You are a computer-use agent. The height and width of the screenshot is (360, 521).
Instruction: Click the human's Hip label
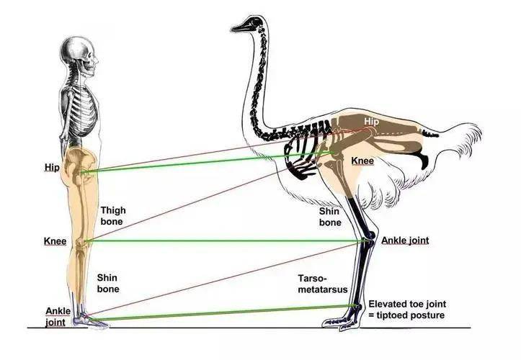(x=52, y=167)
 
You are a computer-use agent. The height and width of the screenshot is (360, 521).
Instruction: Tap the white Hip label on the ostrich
(x=371, y=122)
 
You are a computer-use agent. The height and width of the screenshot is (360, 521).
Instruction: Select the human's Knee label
(x=55, y=241)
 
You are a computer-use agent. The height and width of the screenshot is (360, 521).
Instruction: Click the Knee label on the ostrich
(x=362, y=161)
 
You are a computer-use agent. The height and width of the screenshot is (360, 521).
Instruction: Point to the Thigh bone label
(x=113, y=216)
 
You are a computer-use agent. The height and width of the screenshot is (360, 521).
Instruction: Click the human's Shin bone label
(x=107, y=283)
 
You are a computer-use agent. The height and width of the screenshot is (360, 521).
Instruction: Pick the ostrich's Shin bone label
(x=330, y=217)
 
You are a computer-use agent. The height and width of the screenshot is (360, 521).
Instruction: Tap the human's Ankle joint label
(x=58, y=317)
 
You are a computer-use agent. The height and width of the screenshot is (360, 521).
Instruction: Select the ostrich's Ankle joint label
(x=405, y=240)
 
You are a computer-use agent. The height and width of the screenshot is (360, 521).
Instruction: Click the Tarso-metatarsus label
(x=323, y=284)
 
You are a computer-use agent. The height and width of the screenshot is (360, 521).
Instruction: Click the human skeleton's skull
(x=80, y=56)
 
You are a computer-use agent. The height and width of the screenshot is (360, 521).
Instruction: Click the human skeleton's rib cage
(x=80, y=112)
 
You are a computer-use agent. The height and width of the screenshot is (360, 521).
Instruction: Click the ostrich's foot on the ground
(x=342, y=321)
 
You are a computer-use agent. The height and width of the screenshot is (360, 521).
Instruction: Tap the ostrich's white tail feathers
(x=460, y=140)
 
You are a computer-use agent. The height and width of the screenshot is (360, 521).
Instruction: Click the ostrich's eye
(x=255, y=22)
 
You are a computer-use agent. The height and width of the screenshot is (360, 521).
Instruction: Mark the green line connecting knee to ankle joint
(x=226, y=240)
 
